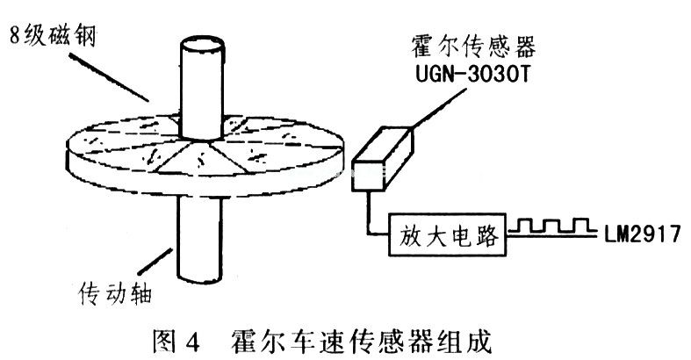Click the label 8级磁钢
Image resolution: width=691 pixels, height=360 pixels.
pos(53,36)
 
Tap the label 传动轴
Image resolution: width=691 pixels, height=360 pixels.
pos(116,293)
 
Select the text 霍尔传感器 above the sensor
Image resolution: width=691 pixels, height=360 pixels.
pos(474,47)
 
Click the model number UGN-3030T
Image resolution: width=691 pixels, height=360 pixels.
pos(472,75)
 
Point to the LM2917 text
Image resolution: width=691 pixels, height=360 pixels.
pos(643,233)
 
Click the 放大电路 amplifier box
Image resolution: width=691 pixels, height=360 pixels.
pos(447,234)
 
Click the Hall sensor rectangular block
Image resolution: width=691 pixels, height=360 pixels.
pos(383,159)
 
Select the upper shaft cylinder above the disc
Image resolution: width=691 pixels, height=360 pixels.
pos(201,89)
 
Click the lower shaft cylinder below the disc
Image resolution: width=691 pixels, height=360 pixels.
pos(199,238)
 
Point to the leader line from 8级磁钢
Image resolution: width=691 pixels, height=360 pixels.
pos(108,78)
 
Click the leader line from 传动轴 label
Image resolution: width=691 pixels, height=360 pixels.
pos(155,262)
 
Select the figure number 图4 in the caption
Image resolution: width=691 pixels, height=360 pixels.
pos(176,340)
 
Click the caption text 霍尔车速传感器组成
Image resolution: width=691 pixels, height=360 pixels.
pos(362,341)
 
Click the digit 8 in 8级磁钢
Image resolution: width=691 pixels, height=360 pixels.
pos(16,36)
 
